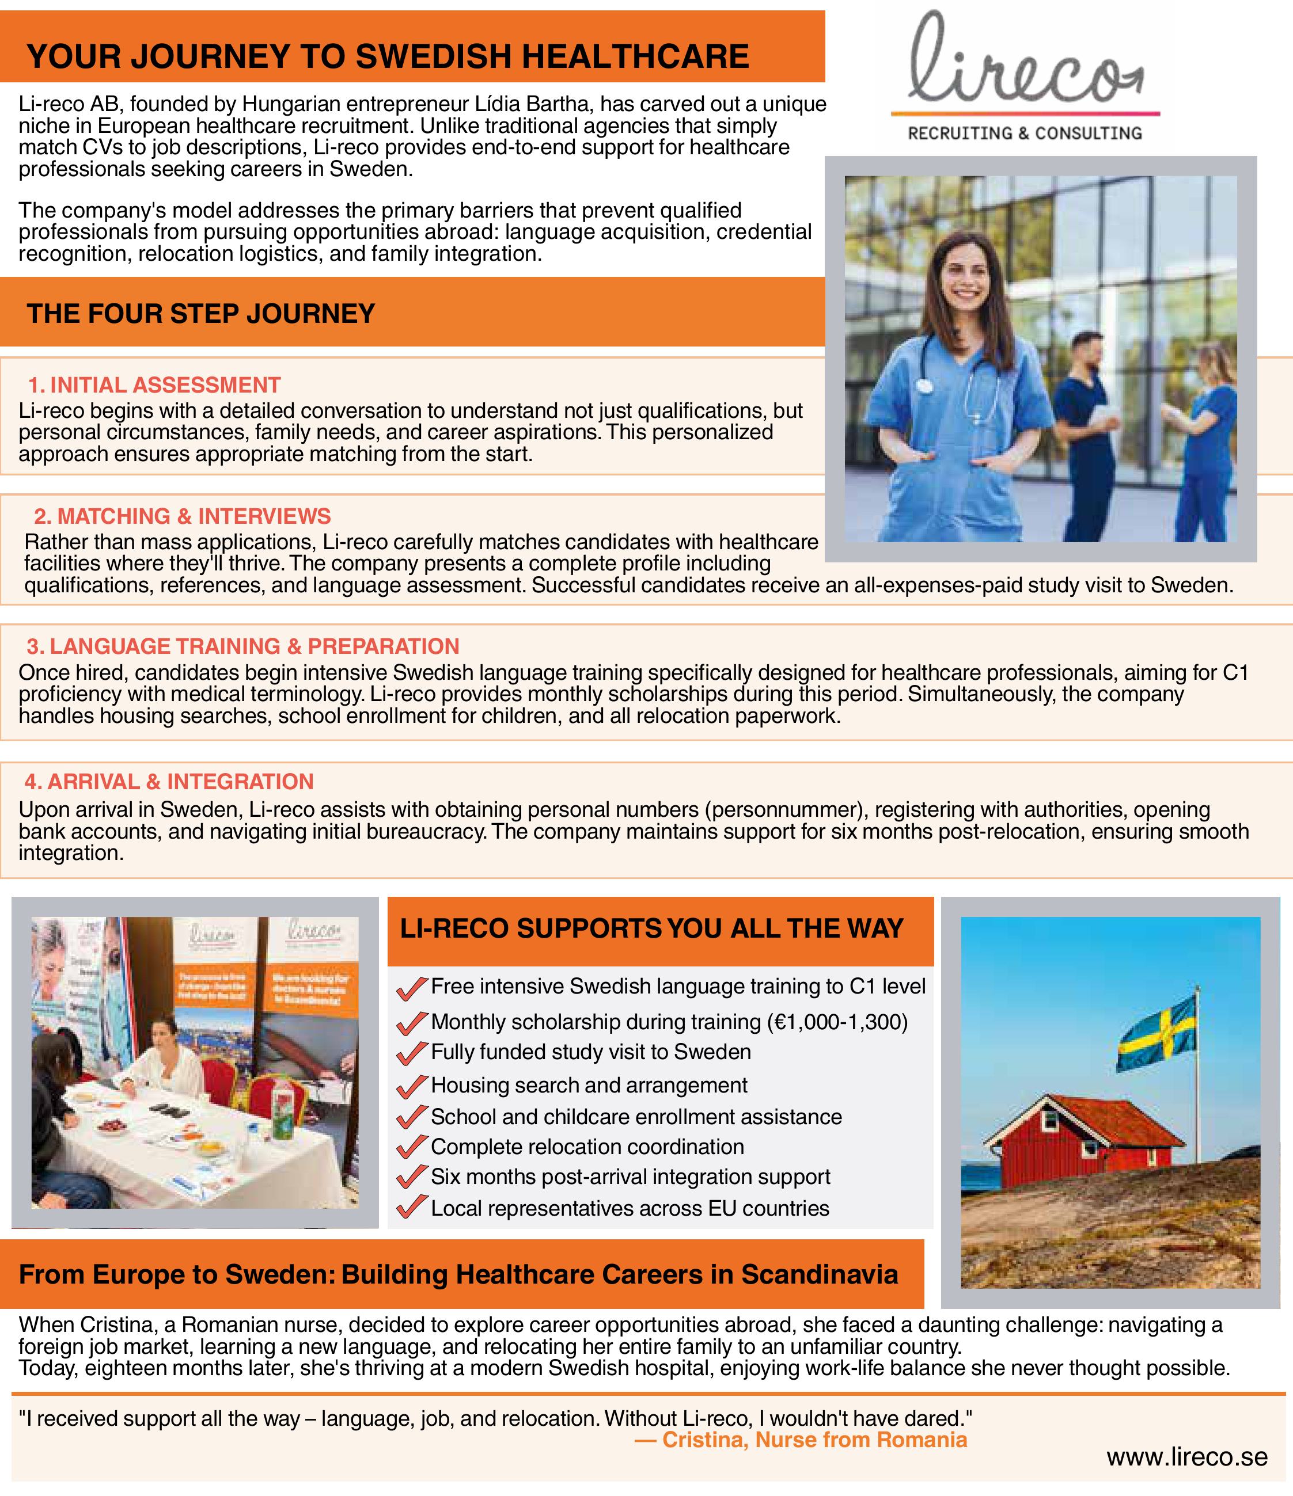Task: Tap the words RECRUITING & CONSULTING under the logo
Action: (x=1025, y=134)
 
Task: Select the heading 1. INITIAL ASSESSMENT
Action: (x=154, y=385)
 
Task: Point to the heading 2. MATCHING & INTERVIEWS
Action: (x=182, y=516)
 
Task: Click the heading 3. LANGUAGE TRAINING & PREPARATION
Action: (x=242, y=646)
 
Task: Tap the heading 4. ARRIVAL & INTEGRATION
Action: (x=169, y=781)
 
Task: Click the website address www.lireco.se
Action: (x=1187, y=1457)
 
